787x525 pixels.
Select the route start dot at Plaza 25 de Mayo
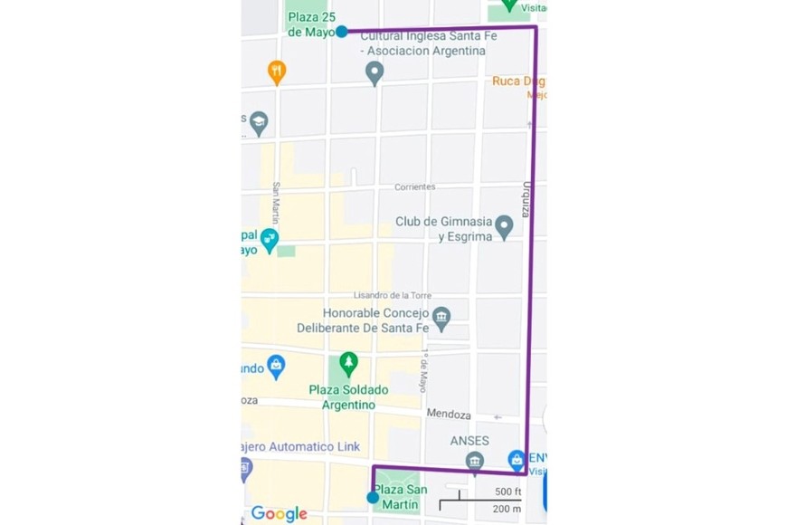click(x=341, y=32)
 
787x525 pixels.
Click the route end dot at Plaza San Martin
click(x=373, y=497)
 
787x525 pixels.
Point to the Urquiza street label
click(x=525, y=198)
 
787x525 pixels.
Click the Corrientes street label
click(x=414, y=187)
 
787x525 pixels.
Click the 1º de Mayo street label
click(x=422, y=371)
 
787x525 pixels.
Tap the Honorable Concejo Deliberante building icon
click(x=441, y=317)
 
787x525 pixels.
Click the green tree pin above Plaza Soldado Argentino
click(x=348, y=365)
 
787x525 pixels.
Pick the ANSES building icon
click(x=475, y=463)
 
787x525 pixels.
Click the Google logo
click(x=279, y=513)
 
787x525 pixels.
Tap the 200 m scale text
click(x=507, y=509)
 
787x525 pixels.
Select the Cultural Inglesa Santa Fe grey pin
click(x=375, y=74)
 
